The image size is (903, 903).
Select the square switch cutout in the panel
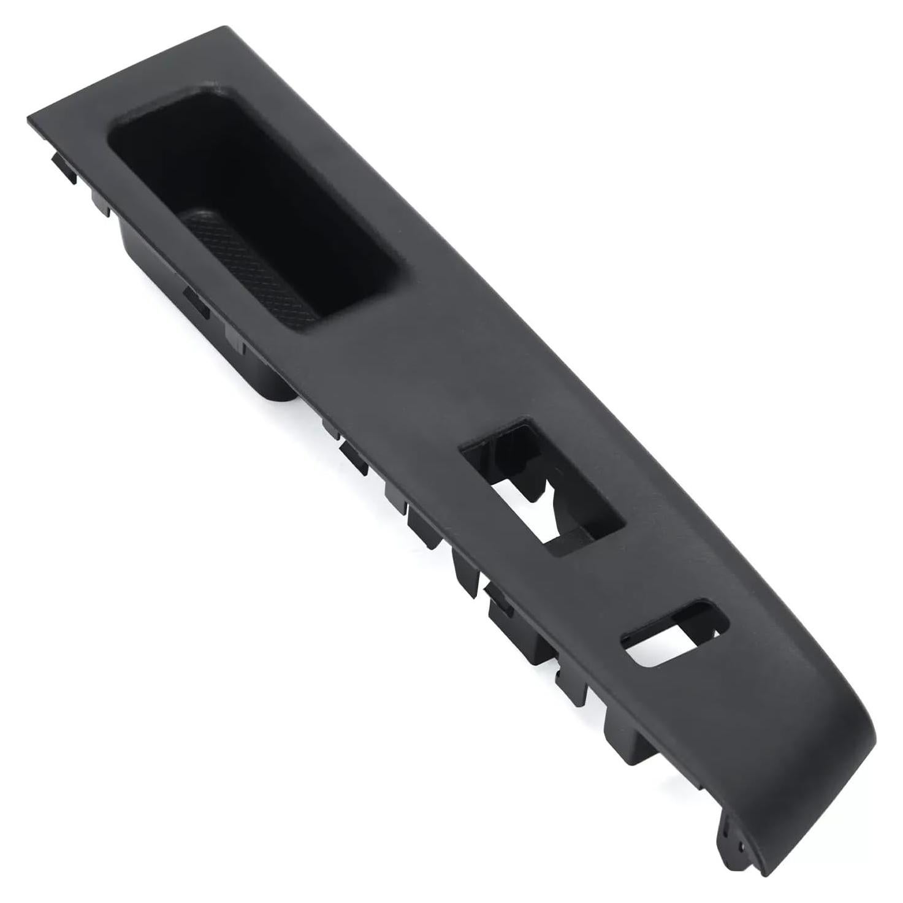tap(542, 484)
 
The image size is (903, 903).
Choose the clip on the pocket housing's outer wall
tap(196, 303)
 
